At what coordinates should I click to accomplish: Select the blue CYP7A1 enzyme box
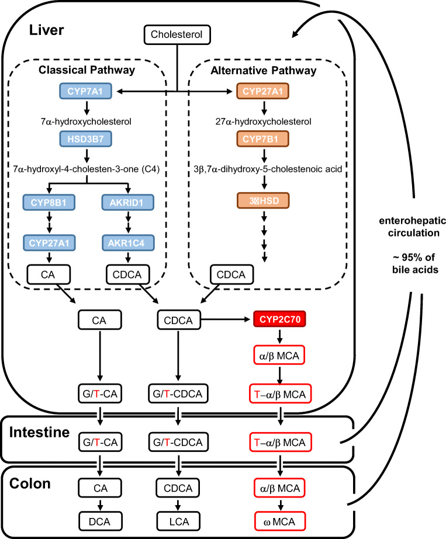[x=87, y=91]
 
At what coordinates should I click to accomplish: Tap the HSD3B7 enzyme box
[x=87, y=139]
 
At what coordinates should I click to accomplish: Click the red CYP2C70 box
[x=280, y=319]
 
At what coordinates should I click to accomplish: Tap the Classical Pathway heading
[x=86, y=70]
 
